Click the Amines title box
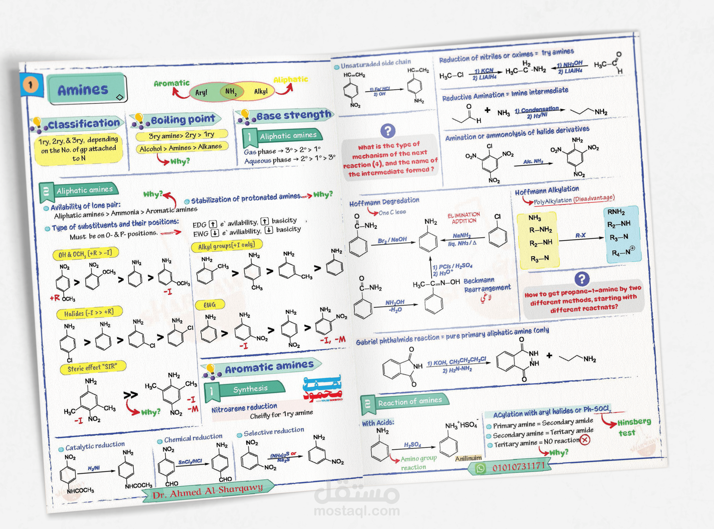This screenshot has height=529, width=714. point(86,89)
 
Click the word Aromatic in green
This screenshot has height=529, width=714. point(172,83)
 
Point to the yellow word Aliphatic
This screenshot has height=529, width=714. point(291,79)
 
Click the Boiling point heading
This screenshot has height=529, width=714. point(183,120)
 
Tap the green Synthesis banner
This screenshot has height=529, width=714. point(250,389)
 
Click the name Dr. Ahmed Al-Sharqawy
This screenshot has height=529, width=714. point(208,491)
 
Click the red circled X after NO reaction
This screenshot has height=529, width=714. point(585,440)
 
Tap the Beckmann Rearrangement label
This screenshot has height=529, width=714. point(487,284)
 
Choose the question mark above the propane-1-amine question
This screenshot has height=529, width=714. point(582,279)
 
